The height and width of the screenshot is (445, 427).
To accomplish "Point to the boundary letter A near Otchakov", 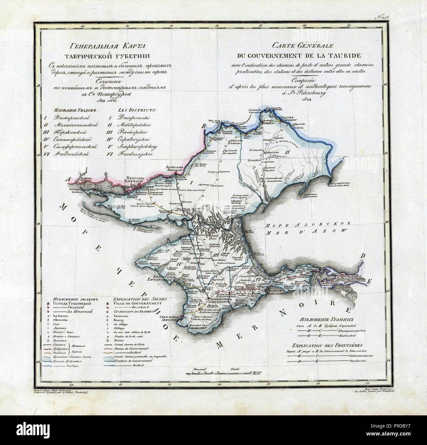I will (x=68, y=179).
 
